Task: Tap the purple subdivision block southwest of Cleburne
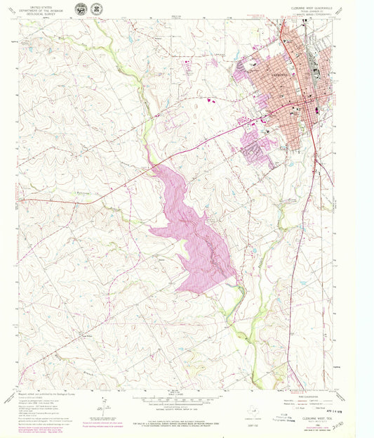[256, 148]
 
